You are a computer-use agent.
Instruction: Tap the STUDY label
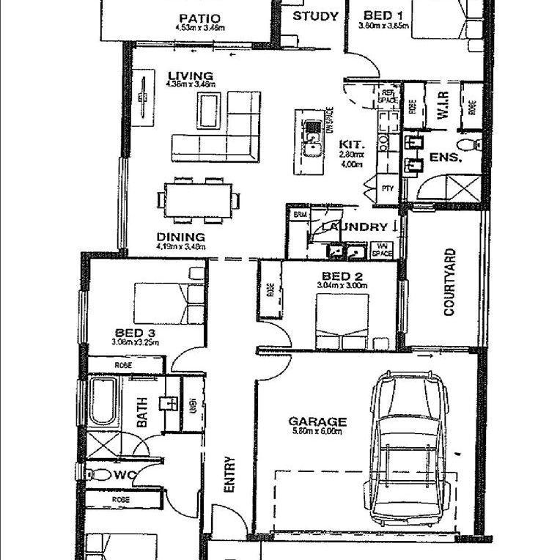coord(315,16)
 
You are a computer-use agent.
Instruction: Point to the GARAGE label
coord(317,421)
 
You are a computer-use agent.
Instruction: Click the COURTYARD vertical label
coord(449,282)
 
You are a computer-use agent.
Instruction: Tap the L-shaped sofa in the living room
coord(220,136)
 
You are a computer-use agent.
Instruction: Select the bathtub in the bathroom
coord(102,402)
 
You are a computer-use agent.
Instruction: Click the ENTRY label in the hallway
coord(229,474)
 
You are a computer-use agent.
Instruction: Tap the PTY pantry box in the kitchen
coord(388,189)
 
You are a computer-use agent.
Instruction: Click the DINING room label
coord(180,237)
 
